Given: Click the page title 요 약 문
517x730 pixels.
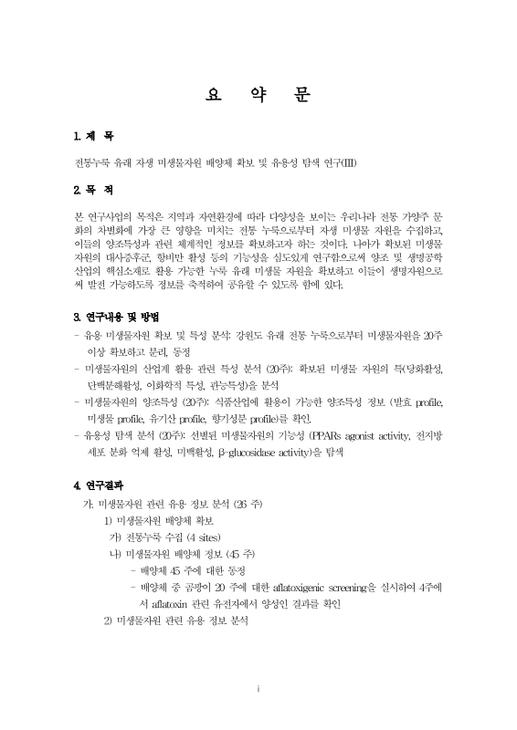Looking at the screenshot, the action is [258, 94].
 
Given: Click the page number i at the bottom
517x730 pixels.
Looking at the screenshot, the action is [258, 687].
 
